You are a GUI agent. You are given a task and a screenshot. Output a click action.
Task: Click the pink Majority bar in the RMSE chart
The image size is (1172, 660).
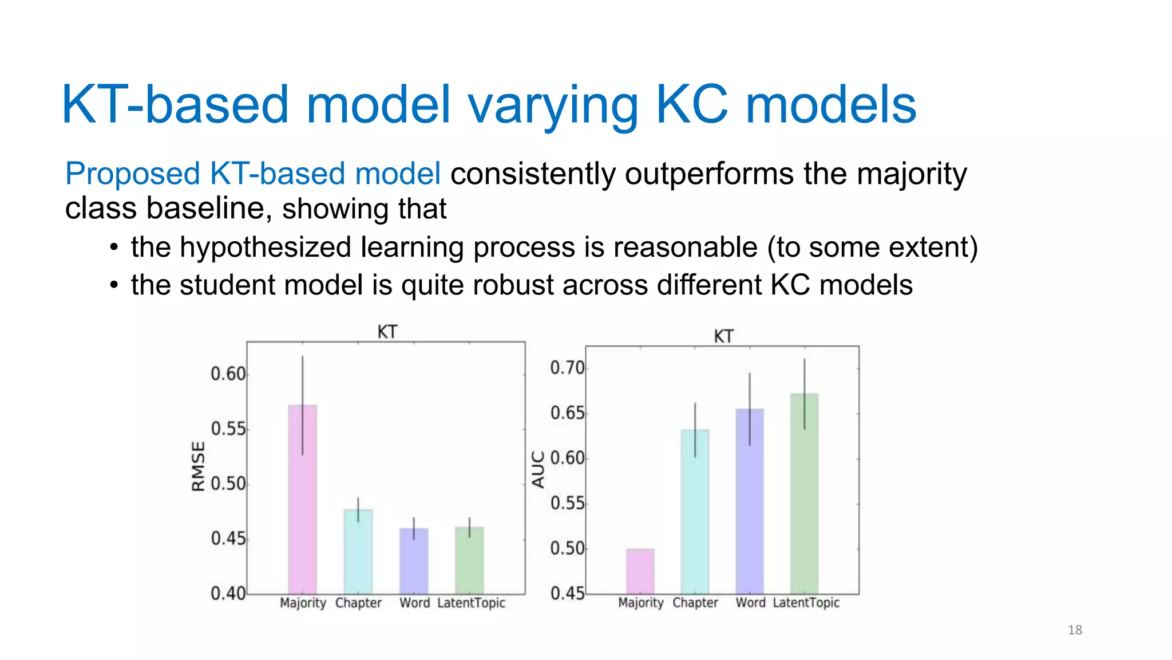(302, 498)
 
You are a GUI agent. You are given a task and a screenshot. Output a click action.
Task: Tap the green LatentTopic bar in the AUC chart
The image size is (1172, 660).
(804, 493)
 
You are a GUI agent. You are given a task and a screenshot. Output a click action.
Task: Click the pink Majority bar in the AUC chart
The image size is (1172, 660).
(640, 571)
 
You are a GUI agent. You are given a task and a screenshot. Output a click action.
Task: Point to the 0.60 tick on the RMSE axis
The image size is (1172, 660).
(228, 374)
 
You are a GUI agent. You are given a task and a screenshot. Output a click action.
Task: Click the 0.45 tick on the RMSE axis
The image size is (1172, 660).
(228, 539)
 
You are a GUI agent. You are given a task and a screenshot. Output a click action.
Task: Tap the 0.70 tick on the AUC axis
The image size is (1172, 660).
(567, 368)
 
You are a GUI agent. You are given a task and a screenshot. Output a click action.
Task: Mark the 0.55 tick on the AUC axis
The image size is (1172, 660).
(567, 504)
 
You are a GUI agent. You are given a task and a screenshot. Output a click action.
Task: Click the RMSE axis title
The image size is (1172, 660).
(198, 466)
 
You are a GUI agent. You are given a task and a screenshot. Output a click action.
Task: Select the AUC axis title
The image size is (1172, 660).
(538, 469)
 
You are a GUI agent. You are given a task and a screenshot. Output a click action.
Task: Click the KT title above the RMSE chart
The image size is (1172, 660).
(387, 332)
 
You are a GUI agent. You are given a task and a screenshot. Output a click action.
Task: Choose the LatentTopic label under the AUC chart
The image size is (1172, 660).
(806, 603)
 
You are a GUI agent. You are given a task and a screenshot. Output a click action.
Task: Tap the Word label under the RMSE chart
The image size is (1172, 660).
(414, 603)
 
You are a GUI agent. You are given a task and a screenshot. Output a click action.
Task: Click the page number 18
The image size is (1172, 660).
(1075, 630)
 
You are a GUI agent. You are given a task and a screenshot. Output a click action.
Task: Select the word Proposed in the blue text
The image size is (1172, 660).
(132, 174)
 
